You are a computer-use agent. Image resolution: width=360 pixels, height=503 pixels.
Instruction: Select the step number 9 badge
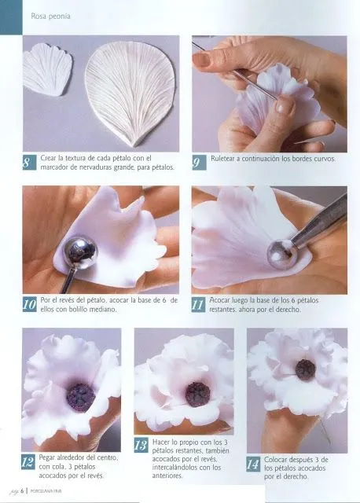point(200,162)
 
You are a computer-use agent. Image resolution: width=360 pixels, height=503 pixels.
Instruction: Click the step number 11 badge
point(200,303)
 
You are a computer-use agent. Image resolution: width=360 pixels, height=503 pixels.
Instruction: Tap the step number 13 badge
point(141,446)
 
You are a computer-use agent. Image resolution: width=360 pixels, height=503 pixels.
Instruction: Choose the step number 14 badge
point(254,464)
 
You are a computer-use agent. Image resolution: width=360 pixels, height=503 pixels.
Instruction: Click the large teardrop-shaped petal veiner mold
point(130,92)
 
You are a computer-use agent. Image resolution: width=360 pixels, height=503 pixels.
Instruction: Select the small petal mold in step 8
point(47,70)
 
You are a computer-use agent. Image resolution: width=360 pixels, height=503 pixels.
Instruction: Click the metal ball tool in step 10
point(79,252)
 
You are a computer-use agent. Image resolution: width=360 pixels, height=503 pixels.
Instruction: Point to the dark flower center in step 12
point(79,396)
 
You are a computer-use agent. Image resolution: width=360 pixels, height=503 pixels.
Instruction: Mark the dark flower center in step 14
point(305,369)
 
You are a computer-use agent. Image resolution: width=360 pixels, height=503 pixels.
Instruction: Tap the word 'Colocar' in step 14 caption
point(278,460)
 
